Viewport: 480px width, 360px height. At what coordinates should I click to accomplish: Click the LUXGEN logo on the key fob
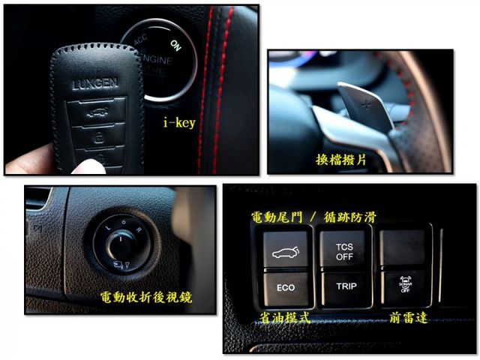94,84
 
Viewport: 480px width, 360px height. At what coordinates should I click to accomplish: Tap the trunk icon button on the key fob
96,114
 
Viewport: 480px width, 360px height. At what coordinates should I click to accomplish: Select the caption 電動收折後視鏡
146,298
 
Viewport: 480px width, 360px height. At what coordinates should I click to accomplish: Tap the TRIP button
346,286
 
